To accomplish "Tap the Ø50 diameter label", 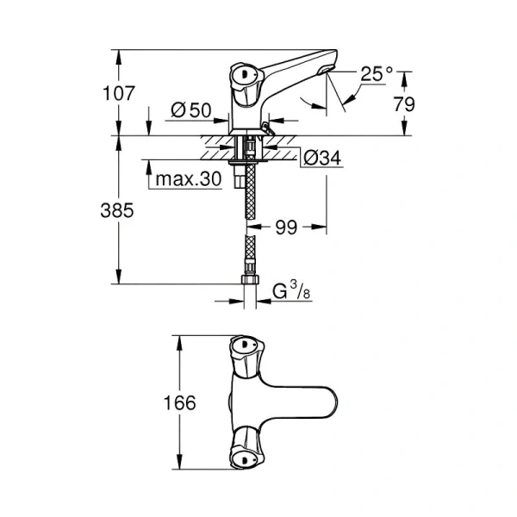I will pos(191,110).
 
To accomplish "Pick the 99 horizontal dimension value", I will pos(287,228).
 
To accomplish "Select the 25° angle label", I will pos(376,75).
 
